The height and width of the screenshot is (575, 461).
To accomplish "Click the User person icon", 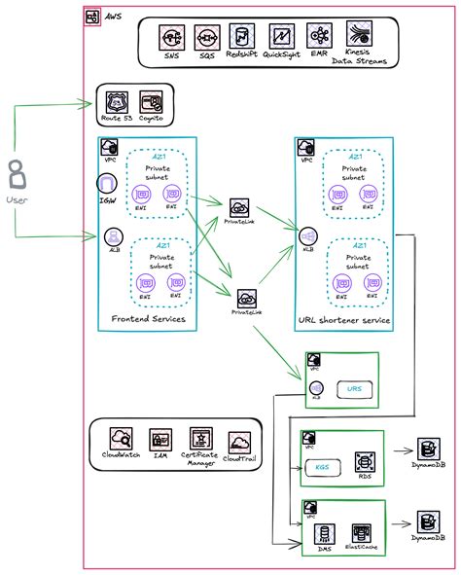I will pyautogui.click(x=17, y=175).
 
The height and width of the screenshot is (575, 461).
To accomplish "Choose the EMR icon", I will pyautogui.click(x=317, y=34).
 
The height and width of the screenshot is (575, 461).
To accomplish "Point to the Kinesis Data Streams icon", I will pyautogui.click(x=357, y=34).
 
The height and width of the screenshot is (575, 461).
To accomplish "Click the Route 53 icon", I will pyautogui.click(x=116, y=102).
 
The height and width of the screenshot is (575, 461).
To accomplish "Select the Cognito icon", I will pyautogui.click(x=151, y=102).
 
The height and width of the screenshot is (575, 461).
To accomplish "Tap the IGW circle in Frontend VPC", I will pyautogui.click(x=108, y=183).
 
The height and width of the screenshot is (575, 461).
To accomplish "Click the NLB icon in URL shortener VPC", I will pyautogui.click(x=307, y=234).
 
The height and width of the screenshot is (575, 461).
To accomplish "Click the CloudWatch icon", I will pyautogui.click(x=122, y=439).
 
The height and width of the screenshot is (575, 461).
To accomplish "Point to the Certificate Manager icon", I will pyautogui.click(x=201, y=438).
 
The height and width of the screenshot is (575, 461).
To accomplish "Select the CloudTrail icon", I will pyautogui.click(x=237, y=441).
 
